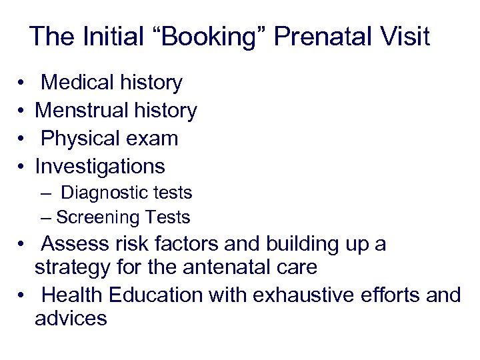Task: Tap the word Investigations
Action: pyautogui.click(x=100, y=166)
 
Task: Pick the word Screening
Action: pyautogui.click(x=97, y=217)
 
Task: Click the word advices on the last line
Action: pyautogui.click(x=71, y=319)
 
